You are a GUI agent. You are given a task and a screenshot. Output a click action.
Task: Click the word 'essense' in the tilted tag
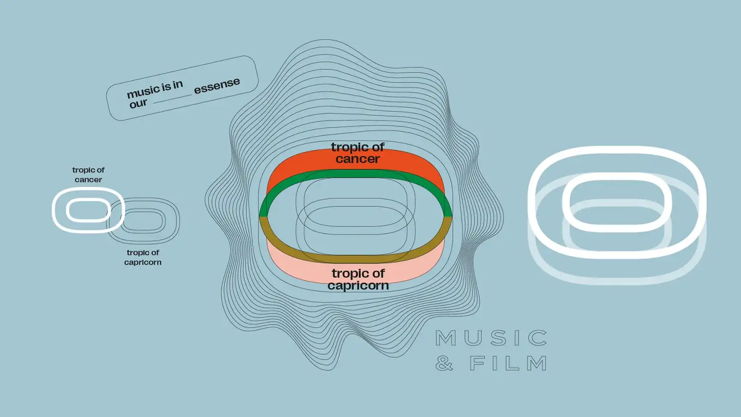217,85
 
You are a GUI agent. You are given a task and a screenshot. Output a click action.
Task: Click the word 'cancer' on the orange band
358,159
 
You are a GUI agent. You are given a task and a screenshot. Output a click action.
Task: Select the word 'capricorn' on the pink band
358,285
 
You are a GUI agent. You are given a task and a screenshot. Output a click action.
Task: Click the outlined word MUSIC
491,338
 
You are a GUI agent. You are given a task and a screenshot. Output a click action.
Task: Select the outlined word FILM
508,363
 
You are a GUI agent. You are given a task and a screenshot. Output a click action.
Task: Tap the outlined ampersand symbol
445,363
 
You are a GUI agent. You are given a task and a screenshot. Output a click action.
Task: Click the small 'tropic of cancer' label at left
88,175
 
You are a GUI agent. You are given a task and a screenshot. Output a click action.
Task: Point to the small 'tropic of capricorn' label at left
143,257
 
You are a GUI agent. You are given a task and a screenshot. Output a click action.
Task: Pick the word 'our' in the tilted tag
138,103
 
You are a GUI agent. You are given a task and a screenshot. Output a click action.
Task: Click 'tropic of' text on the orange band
358,147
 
